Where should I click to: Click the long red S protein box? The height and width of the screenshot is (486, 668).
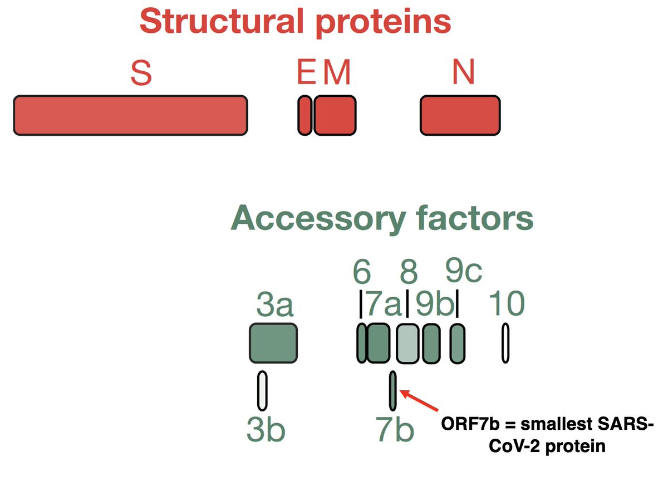click(130, 115)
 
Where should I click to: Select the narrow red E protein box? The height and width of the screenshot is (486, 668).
click(304, 115)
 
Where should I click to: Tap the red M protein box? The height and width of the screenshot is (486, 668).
click(335, 115)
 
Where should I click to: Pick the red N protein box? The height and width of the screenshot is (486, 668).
click(460, 115)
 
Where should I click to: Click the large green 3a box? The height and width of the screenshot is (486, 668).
click(273, 342)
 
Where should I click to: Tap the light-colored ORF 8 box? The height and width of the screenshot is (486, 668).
click(407, 343)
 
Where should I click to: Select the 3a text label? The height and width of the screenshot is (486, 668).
click(275, 306)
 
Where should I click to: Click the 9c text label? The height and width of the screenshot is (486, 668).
click(464, 272)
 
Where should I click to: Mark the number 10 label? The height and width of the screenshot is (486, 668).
click(506, 305)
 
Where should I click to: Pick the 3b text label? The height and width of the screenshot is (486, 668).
click(266, 430)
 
